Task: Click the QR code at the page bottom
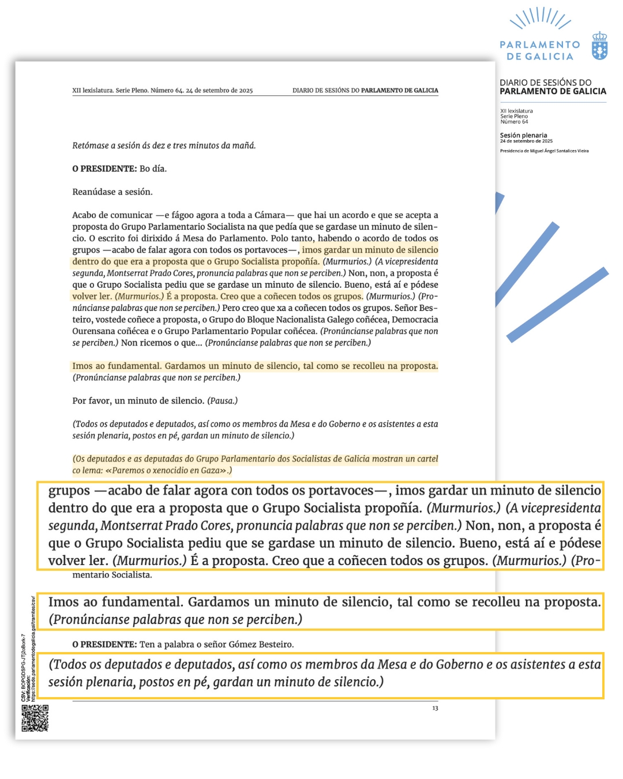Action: (35, 718)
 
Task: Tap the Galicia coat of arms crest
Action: (600, 46)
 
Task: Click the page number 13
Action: (435, 708)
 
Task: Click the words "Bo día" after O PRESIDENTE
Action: (153, 168)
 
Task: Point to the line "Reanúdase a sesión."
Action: (112, 192)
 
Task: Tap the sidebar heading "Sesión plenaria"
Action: (523, 135)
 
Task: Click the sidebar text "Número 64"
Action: (514, 122)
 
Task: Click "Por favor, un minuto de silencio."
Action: (138, 400)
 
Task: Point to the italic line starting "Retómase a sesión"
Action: (164, 145)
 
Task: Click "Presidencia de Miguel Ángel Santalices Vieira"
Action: (544, 151)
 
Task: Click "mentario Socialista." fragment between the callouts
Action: (112, 575)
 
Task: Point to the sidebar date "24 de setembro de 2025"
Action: (526, 141)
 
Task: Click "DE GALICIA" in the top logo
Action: (540, 57)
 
